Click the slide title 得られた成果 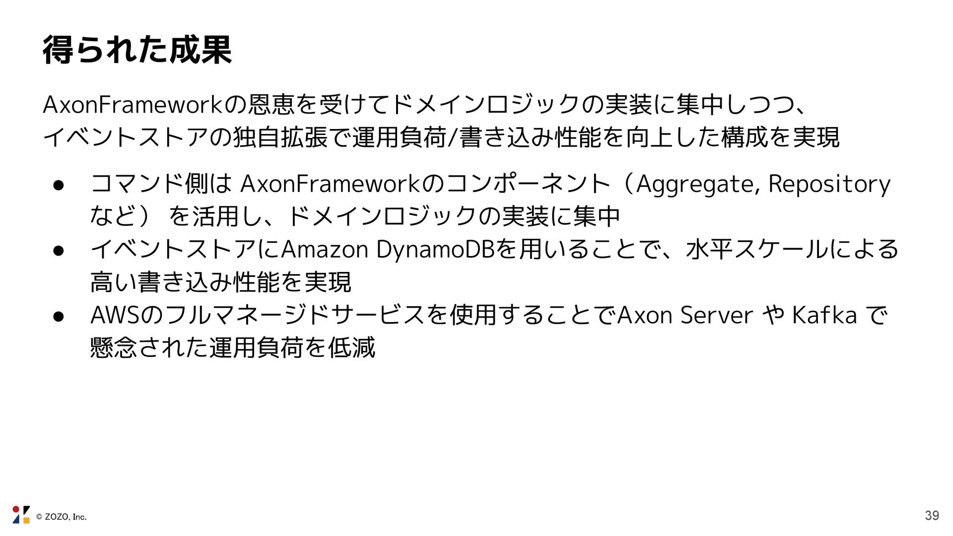coord(137,50)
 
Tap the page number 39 coord(932,516)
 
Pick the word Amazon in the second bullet coord(325,250)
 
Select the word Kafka coord(824,316)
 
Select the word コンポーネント coord(528,185)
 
